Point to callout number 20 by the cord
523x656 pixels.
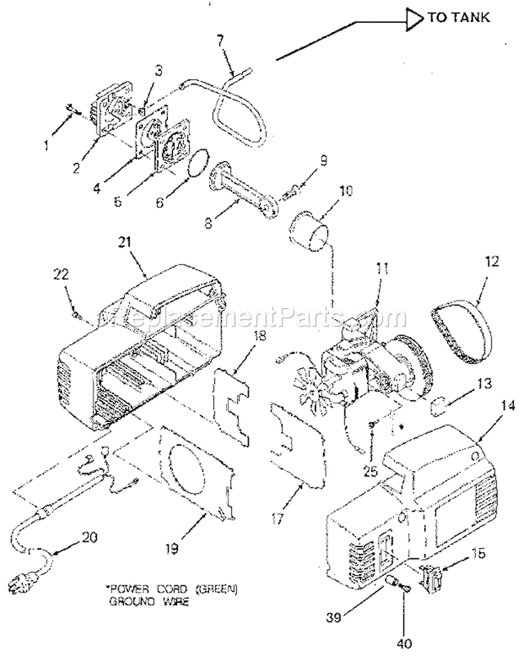tap(90, 537)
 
